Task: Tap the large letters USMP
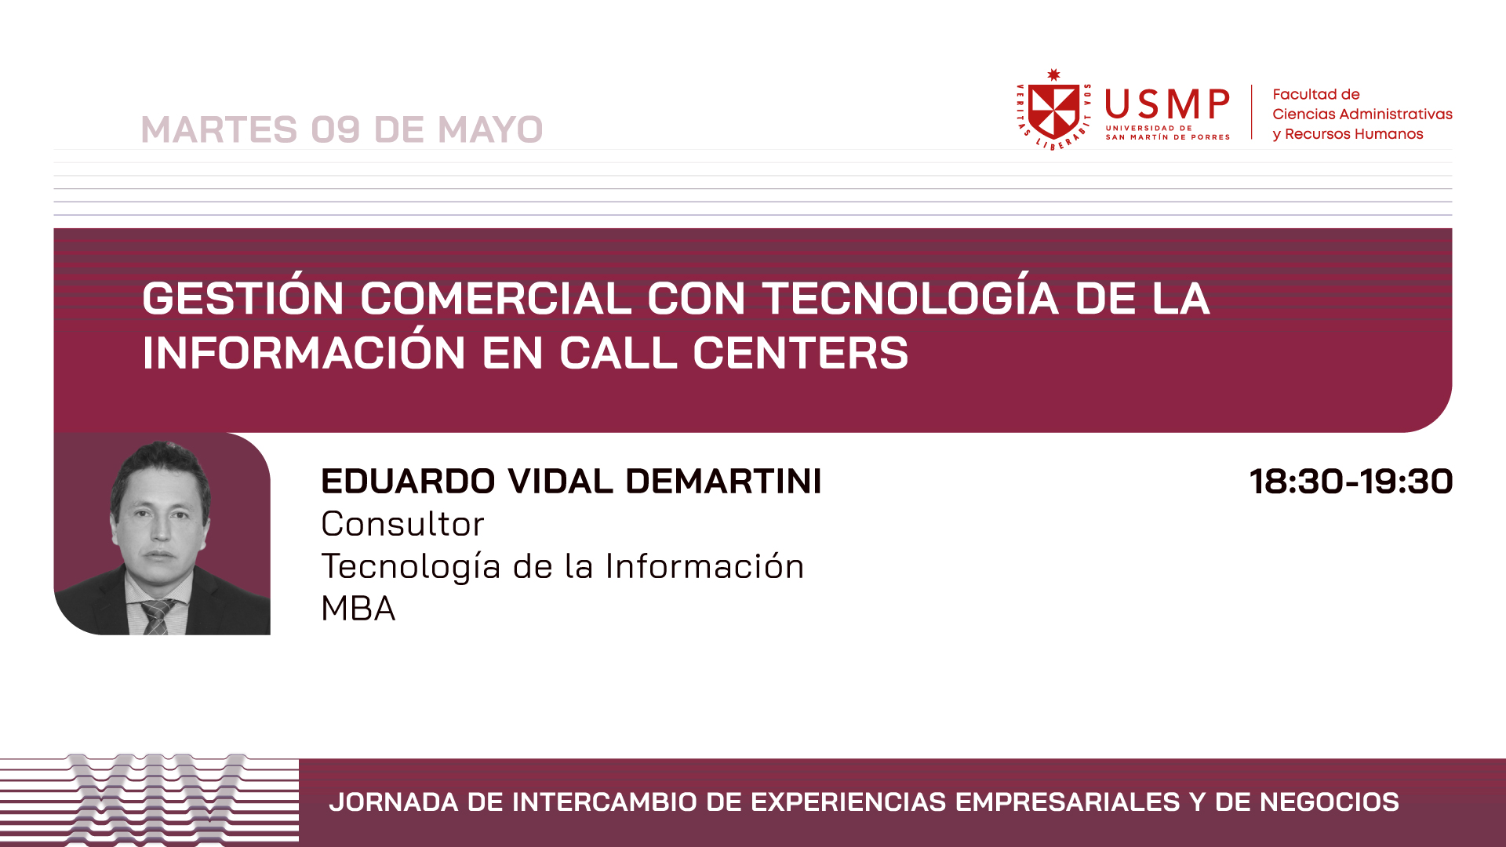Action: point(1167,105)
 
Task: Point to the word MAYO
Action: point(490,129)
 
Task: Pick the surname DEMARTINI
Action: point(723,481)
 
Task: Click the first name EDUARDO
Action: point(408,481)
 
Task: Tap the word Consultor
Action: point(402,524)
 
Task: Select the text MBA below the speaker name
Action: point(358,609)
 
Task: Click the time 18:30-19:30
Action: point(1351,481)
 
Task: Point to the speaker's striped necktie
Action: point(158,616)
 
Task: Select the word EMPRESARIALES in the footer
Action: point(1068,802)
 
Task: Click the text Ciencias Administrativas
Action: point(1362,115)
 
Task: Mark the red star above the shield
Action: point(1053,75)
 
